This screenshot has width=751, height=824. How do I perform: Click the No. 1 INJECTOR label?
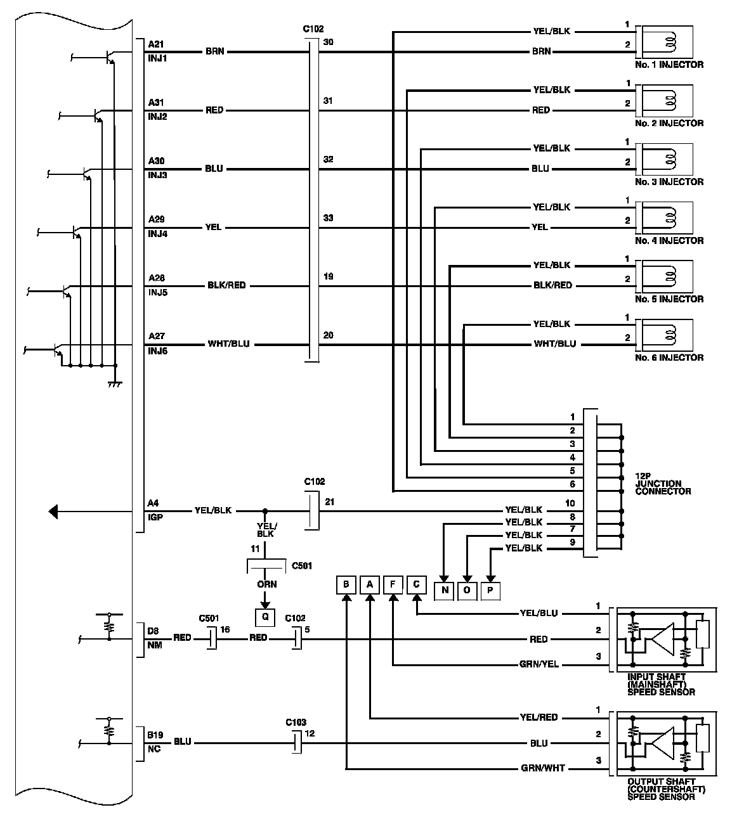pos(669,65)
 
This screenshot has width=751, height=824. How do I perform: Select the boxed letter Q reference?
pos(265,615)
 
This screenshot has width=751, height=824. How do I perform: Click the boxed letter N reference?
pos(445,591)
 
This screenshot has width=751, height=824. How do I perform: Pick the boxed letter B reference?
pos(346,584)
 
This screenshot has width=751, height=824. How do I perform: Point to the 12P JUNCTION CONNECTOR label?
pos(663,484)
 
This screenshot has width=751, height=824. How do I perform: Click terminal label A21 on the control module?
pos(156,45)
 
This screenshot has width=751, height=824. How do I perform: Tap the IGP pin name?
pos(155,517)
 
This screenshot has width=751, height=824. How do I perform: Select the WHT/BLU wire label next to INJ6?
pos(228,344)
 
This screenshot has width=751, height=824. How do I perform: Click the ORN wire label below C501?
pos(266,584)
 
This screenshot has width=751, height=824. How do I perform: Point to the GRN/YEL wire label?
pos(539,665)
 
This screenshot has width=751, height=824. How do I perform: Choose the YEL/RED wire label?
pos(539,718)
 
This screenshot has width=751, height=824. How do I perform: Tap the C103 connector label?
pos(296,722)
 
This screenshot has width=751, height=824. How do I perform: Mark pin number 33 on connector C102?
pos(328,218)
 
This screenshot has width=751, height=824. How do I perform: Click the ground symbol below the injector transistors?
pos(115,384)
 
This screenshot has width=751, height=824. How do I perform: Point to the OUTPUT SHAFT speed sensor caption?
pos(666,789)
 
